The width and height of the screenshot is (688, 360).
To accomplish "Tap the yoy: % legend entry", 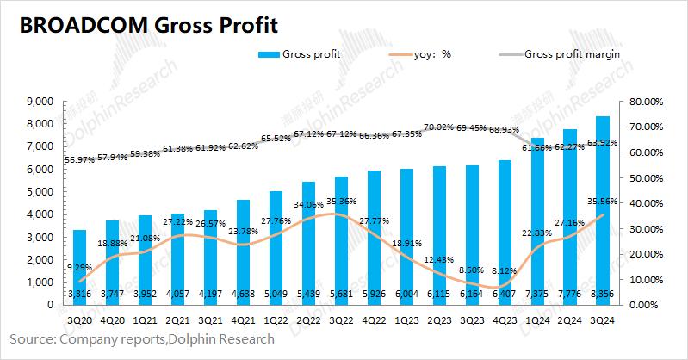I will click(426, 54).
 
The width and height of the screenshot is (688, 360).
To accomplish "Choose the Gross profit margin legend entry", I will click(573, 54).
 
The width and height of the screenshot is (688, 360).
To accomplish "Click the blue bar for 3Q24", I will click(603, 207).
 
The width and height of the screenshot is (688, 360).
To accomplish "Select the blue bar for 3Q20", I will click(78, 267).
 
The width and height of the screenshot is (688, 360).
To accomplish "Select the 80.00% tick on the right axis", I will click(648, 102).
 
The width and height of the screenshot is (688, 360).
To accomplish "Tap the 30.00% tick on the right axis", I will click(648, 228).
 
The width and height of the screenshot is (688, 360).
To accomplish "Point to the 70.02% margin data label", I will click(438, 127).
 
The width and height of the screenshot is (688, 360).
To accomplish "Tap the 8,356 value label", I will click(603, 295).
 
